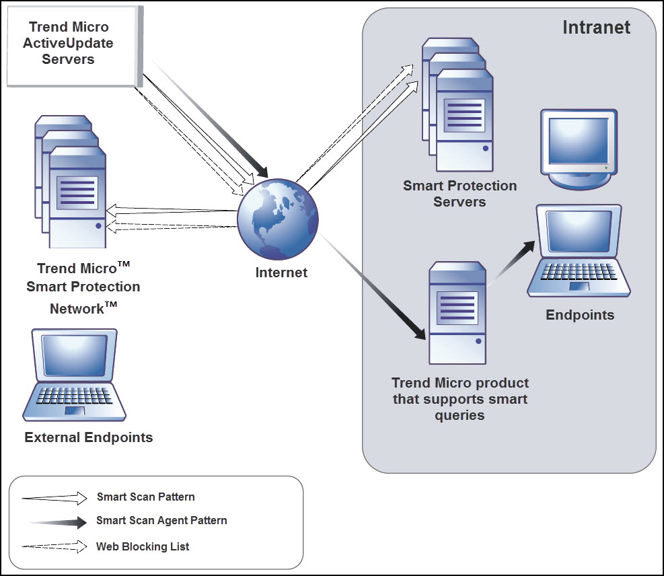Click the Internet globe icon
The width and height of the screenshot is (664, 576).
(278, 219)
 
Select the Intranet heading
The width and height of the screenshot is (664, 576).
(596, 28)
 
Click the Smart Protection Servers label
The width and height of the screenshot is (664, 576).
(460, 194)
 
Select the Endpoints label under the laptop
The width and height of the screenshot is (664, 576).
(580, 315)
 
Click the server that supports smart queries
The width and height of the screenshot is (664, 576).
(458, 313)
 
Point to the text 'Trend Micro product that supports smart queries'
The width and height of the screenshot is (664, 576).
(460, 399)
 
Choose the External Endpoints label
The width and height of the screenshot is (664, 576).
(89, 438)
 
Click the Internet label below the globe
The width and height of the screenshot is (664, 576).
(281, 273)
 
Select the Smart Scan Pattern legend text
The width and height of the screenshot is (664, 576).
(146, 497)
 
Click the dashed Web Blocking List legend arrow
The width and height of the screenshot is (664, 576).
(54, 547)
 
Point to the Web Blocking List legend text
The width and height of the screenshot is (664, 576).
(143, 546)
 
